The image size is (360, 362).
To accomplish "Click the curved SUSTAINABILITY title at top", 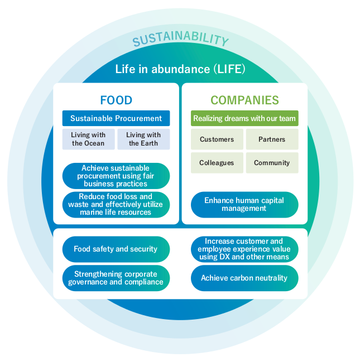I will (x=180, y=40).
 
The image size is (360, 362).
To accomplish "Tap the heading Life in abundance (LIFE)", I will (x=180, y=69).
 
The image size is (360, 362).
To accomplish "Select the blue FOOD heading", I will (x=116, y=100).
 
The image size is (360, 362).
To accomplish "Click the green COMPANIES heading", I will (x=244, y=100).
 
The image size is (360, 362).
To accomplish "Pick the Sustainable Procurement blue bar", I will (x=116, y=118).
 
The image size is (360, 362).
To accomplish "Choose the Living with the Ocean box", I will (x=88, y=139).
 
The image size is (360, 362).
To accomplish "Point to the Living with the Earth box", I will (x=143, y=139).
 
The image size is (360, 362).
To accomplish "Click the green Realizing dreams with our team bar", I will (x=244, y=118).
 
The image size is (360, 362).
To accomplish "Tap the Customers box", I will (x=217, y=139).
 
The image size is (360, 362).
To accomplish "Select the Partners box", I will (x=272, y=139).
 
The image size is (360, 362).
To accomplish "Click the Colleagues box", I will (x=217, y=163).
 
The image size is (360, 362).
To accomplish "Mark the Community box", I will (x=272, y=163).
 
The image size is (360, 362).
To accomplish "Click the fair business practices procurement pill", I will (x=116, y=176).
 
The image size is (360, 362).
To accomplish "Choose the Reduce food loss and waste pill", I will (x=116, y=204).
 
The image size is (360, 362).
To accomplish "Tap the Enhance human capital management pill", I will (x=244, y=204).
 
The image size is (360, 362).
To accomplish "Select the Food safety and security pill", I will (x=116, y=249).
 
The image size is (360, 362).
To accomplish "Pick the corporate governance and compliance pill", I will (x=116, y=278).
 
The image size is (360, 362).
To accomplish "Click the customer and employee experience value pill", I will (x=244, y=249).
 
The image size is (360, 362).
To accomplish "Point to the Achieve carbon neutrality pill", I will (x=244, y=278).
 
